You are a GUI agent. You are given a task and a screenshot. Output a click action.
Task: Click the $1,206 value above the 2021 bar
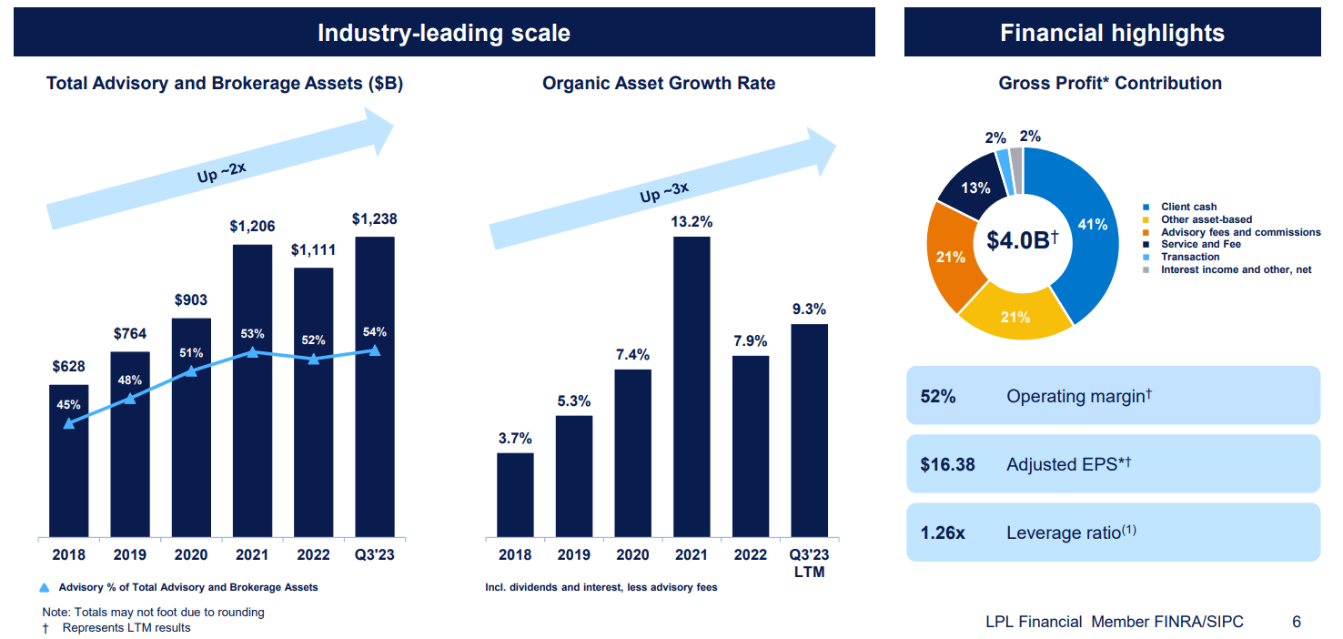pyautogui.click(x=252, y=227)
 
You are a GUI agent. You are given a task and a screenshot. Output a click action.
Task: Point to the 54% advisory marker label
pyautogui.click(x=375, y=331)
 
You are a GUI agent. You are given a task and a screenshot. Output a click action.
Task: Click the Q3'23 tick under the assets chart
pyautogui.click(x=375, y=555)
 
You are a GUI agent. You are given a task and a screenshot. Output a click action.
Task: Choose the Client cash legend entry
pyautogui.click(x=1188, y=207)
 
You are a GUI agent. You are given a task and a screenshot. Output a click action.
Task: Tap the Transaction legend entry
pyautogui.click(x=1190, y=258)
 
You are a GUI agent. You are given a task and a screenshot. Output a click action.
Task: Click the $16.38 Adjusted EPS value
pyautogui.click(x=947, y=464)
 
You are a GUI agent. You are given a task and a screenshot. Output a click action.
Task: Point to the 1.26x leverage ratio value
pyautogui.click(x=943, y=532)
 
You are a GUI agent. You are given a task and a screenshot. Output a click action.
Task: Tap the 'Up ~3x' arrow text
pyautogui.click(x=663, y=192)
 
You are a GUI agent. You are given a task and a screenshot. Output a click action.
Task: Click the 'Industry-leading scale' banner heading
pyautogui.click(x=444, y=34)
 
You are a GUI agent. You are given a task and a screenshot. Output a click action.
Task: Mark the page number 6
pyautogui.click(x=1296, y=622)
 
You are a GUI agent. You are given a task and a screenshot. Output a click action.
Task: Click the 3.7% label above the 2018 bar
pyautogui.click(x=515, y=438)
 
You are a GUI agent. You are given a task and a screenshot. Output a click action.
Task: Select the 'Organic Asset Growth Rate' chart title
pyautogui.click(x=659, y=84)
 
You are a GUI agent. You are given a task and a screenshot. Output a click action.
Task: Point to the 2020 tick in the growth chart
pyautogui.click(x=632, y=555)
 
